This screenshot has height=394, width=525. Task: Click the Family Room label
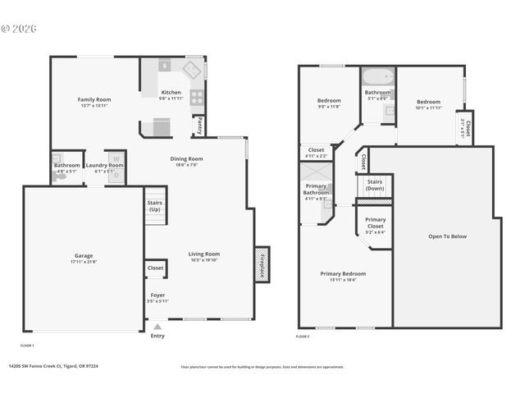pyautogui.click(x=94, y=99)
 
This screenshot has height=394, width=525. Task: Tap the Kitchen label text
pyautogui.click(x=171, y=92)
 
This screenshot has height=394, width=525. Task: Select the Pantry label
pyautogui.click(x=199, y=126)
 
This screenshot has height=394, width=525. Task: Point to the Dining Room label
pyautogui.click(x=186, y=158)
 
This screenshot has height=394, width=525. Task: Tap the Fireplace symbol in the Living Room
pyautogui.click(x=262, y=264)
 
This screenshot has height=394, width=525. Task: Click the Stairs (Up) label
pyautogui.click(x=154, y=204)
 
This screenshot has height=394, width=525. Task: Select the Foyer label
pyautogui.click(x=157, y=295)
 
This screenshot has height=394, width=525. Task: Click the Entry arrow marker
pyautogui.click(x=157, y=327)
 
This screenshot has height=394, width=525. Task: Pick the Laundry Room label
pyautogui.click(x=103, y=165)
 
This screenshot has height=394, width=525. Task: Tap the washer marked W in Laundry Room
pyautogui.click(x=116, y=158)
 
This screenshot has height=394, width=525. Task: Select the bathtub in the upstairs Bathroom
pyautogui.click(x=378, y=80)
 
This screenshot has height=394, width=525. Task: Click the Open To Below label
pyautogui.click(x=447, y=236)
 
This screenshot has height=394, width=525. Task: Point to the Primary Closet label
pyautogui.click(x=375, y=222)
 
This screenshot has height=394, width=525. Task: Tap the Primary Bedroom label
pyautogui.click(x=343, y=273)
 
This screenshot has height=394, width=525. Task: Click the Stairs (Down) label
pyautogui.click(x=375, y=185)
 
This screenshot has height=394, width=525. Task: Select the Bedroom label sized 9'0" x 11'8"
pyautogui.click(x=328, y=102)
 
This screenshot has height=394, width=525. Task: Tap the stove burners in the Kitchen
pyautogui.click(x=197, y=97)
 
